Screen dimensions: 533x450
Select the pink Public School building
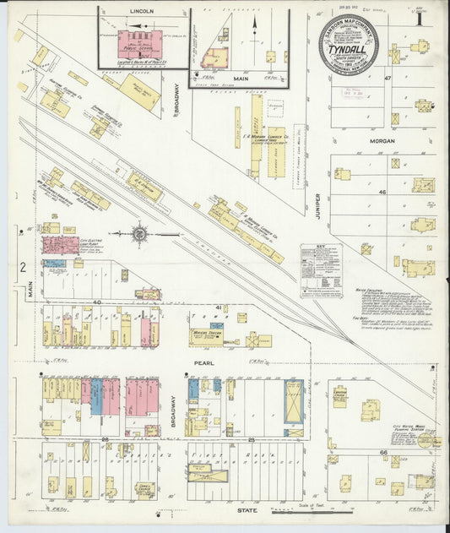140,45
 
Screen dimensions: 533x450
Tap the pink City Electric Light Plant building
61,246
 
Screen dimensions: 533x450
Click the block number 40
97,302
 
